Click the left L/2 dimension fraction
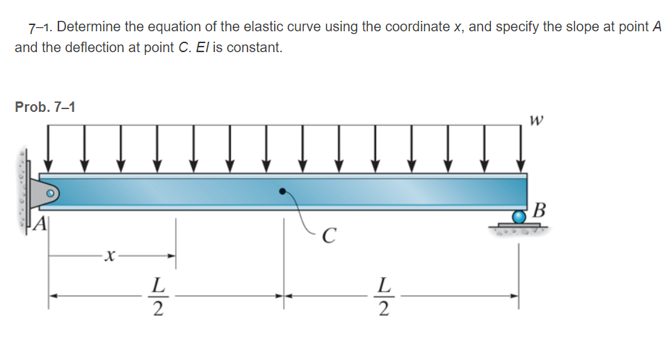(159, 296)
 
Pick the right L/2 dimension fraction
(382, 296)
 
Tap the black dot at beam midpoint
(282, 190)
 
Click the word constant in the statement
(258, 48)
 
